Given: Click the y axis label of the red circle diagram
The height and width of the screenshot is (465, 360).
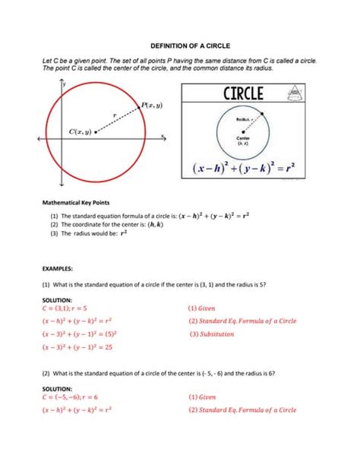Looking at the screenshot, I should coord(65,81).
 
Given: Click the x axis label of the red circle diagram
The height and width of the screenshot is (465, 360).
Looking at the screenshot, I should coord(163,136).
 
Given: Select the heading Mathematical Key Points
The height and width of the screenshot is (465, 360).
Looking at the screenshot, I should coord(78,203).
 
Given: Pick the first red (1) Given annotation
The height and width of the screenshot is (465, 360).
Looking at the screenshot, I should coord(202,308).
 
